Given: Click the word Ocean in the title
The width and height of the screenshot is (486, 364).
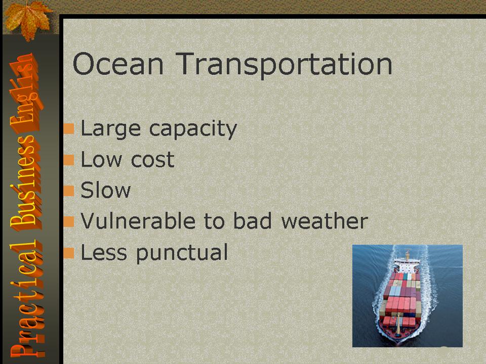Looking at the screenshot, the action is [118, 64].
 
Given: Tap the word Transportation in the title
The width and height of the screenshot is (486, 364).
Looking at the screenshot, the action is [284, 65].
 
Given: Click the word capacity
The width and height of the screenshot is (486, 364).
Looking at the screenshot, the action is [193, 129].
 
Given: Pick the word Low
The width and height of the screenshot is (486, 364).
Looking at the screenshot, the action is [101, 160].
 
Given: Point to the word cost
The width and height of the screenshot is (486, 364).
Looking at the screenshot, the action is [152, 160].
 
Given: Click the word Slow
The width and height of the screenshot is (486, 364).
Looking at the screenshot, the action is [106, 190].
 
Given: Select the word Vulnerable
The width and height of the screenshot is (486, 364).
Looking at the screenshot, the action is [138, 221].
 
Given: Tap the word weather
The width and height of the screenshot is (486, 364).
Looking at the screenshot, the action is [325, 221].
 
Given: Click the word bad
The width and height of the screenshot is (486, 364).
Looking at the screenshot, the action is [252, 221].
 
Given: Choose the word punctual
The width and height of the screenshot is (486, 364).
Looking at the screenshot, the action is [182, 253].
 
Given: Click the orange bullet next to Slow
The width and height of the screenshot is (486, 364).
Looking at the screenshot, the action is [69, 191].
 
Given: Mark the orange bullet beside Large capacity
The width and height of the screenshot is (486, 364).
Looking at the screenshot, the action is [69, 129].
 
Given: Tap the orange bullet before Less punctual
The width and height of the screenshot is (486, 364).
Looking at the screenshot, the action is [69, 253].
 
